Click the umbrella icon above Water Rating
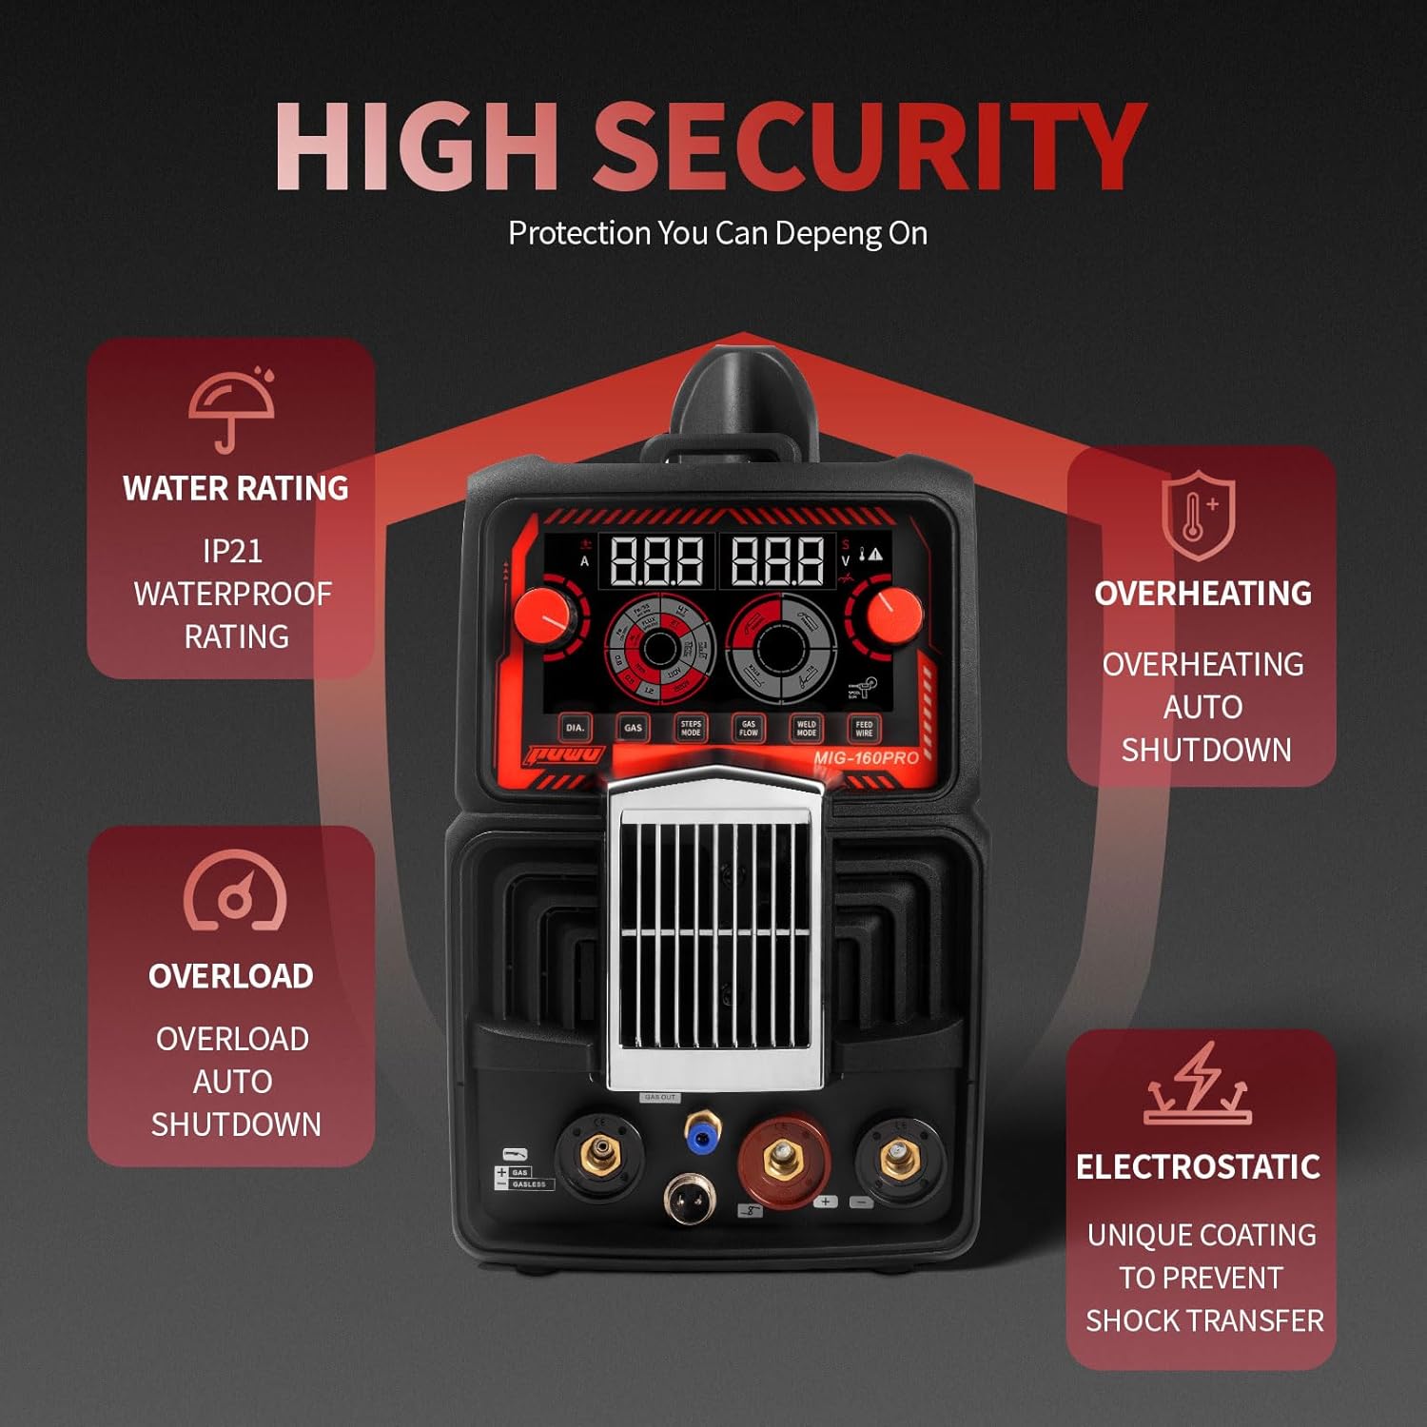pos(231,409)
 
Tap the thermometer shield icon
pos(1198,515)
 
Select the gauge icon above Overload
pos(234,891)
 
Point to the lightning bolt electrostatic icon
pos(1198,1085)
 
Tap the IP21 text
pos(232,551)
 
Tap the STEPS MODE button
pos(691,729)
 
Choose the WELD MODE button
pos(806,729)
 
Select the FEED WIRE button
pos(864,729)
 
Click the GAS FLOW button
pos(749,729)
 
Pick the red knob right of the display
pos(893,610)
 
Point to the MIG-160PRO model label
pos(866,758)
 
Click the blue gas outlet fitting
pos(702,1130)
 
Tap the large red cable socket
pos(782,1160)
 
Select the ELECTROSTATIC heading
pos(1198,1167)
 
